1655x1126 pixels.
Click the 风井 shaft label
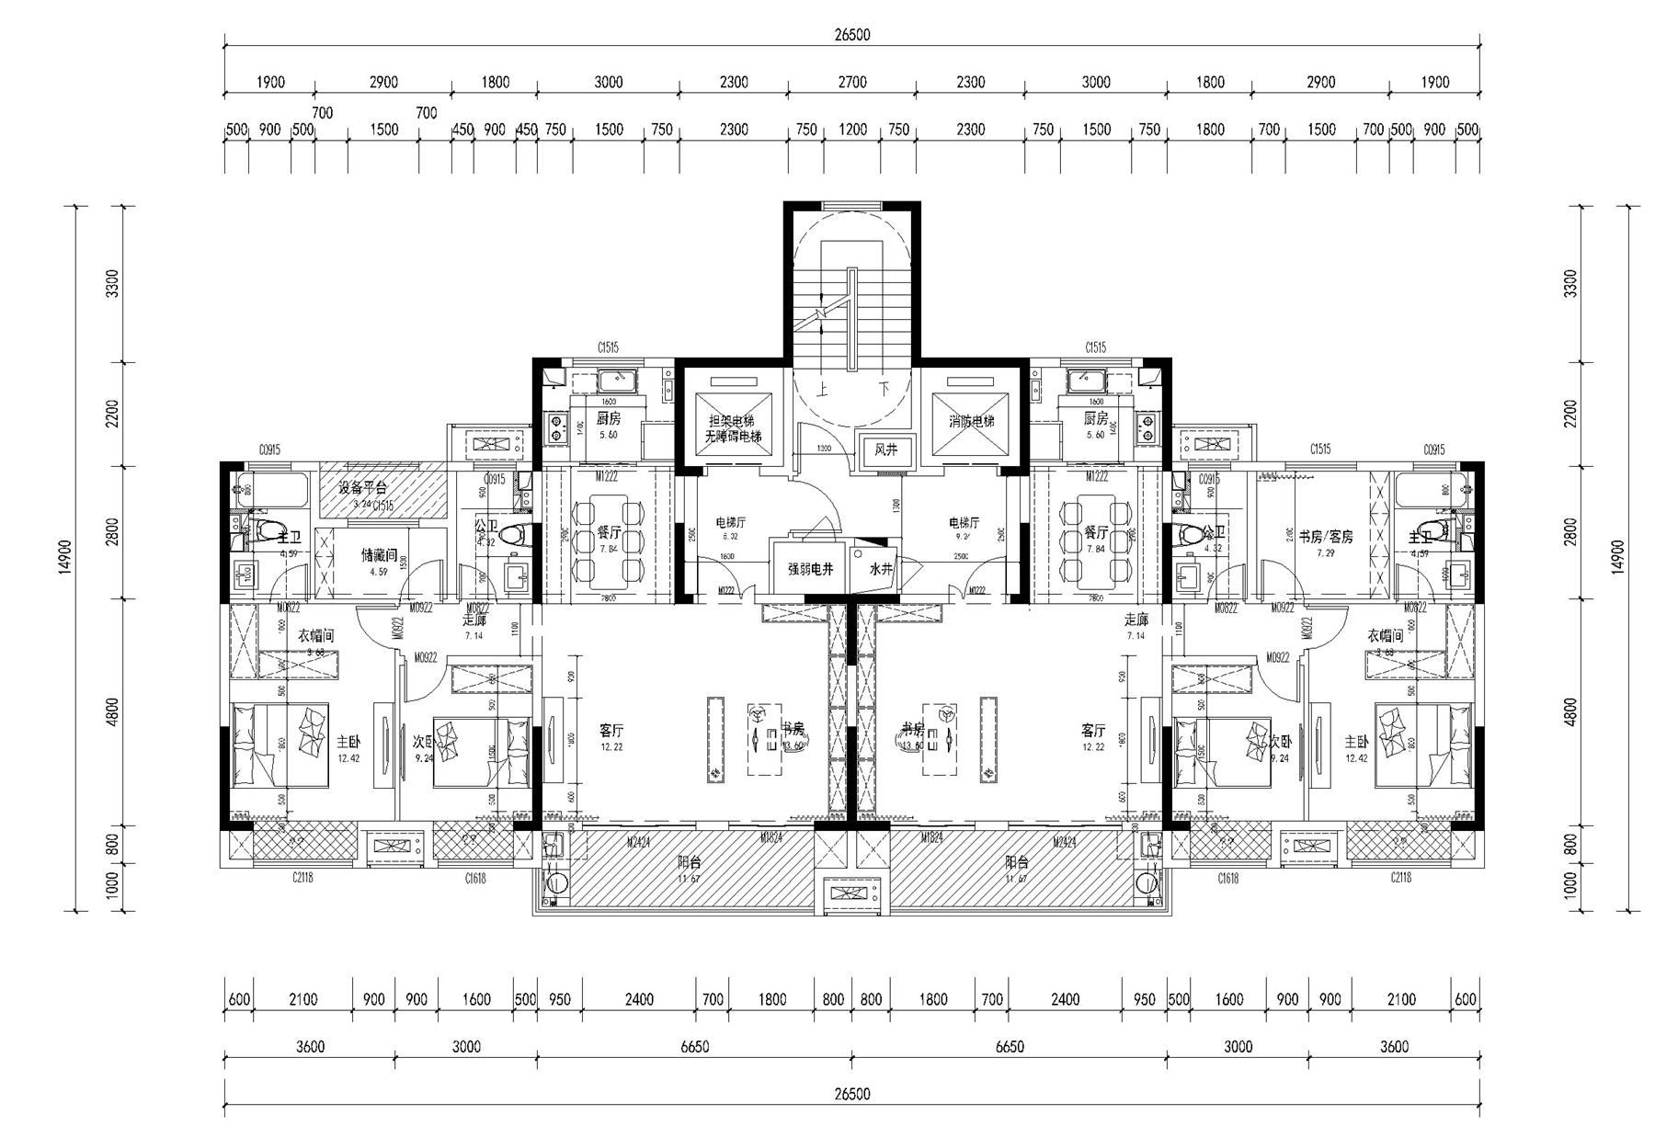[x=885, y=450]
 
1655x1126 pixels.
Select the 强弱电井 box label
[x=810, y=569]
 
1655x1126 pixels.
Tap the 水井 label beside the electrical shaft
[x=881, y=569]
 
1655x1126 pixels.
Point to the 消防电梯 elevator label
[x=971, y=421]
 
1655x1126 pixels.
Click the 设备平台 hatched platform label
[x=362, y=487]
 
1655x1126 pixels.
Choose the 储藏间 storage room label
[x=378, y=555]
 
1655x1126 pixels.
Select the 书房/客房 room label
[x=1325, y=536]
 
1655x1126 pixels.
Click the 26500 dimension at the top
[x=852, y=35]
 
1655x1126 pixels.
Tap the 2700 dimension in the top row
[x=851, y=82]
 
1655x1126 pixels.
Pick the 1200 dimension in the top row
[x=852, y=130]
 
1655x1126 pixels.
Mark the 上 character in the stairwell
[x=822, y=390]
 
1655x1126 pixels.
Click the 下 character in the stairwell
[x=883, y=390]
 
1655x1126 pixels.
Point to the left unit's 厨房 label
[x=608, y=418]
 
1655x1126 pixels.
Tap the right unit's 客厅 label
[x=1092, y=731]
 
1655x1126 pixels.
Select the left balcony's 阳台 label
[x=690, y=862]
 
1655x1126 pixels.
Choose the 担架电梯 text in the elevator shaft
[x=732, y=420]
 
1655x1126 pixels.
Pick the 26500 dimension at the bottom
[x=852, y=1094]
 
